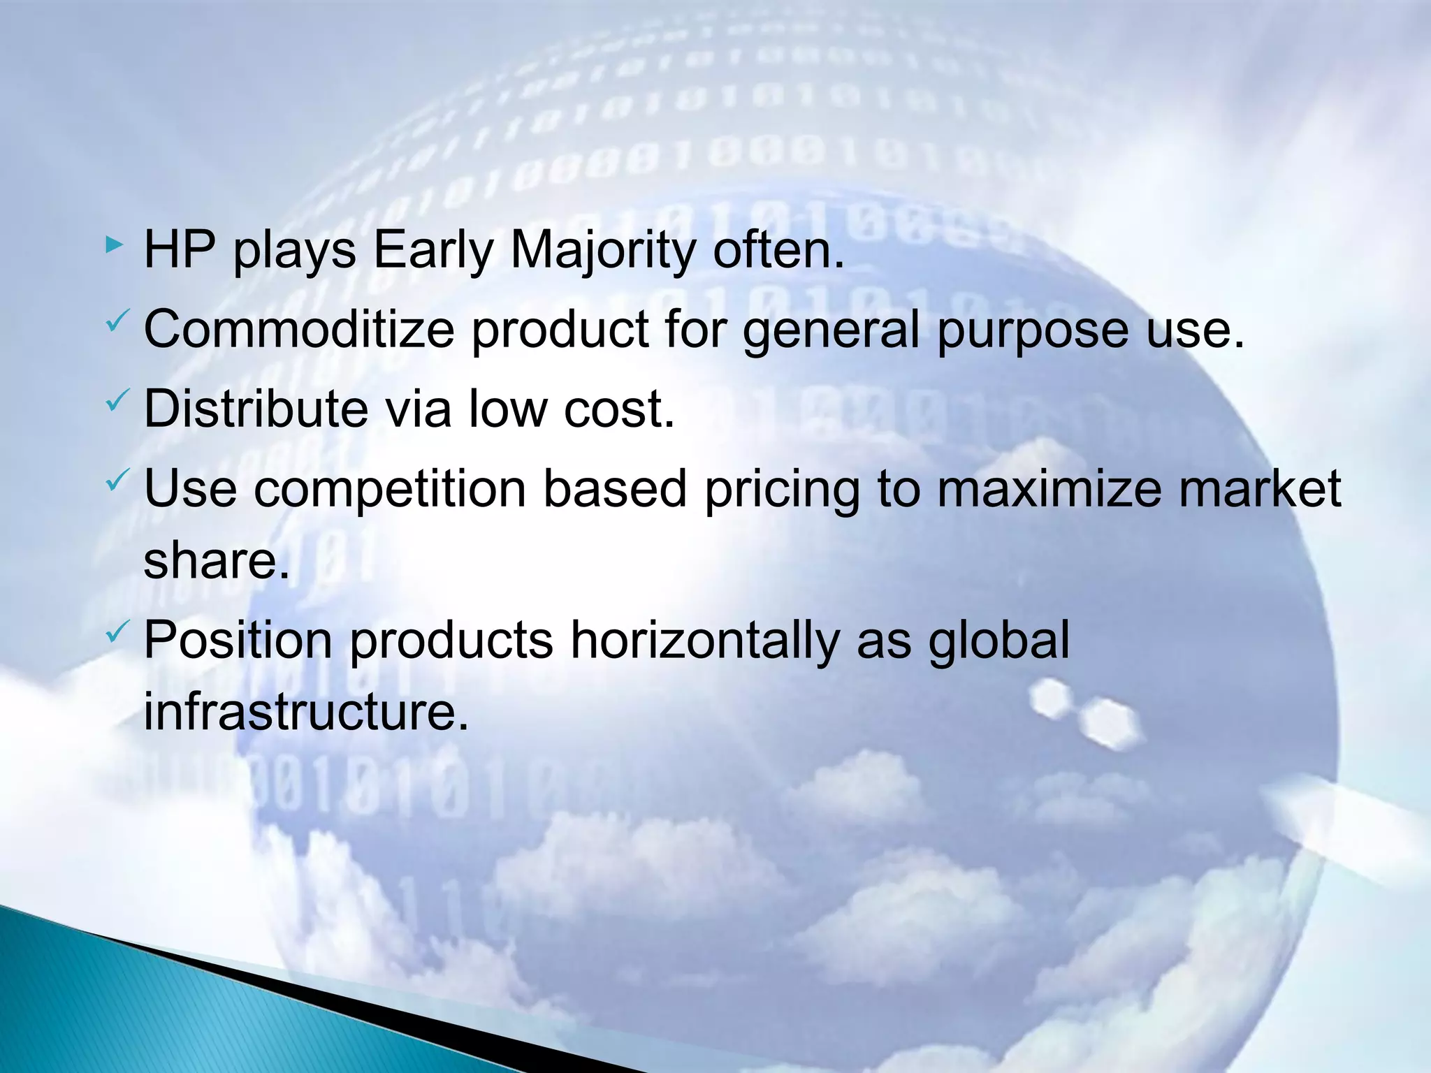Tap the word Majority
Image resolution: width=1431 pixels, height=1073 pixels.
tap(602, 251)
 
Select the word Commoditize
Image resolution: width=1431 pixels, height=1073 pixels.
tap(299, 330)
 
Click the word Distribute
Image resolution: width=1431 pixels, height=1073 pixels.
tap(256, 409)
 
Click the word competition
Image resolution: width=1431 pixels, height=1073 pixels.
tap(390, 489)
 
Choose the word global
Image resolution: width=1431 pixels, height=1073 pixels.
tap(998, 641)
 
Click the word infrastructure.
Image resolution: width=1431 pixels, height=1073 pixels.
tap(306, 712)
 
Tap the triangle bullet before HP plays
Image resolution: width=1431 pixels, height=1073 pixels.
tap(115, 244)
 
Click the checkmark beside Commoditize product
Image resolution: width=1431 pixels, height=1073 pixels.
tap(116, 322)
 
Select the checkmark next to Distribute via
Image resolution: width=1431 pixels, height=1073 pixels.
tap(116, 401)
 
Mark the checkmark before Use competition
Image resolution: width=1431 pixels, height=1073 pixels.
tap(116, 481)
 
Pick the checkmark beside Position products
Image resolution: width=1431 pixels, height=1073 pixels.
tap(116, 633)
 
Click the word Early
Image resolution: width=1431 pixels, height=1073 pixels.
tap(433, 251)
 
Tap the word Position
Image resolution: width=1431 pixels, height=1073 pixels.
tap(238, 641)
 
